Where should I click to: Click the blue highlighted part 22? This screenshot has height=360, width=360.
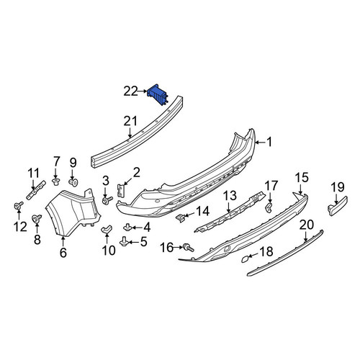point(158,94)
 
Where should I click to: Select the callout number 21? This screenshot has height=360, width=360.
point(130,121)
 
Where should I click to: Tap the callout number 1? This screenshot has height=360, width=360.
point(269,142)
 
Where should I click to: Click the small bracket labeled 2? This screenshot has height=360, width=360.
point(121,190)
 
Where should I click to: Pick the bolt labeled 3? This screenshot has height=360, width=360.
point(107,200)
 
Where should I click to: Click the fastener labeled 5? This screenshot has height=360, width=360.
point(125,241)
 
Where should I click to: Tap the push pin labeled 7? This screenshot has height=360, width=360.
point(56,181)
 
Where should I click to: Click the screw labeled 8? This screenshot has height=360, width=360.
point(37,219)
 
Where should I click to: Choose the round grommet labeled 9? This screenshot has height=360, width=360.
point(73,183)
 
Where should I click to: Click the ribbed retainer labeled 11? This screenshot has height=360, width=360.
point(36,190)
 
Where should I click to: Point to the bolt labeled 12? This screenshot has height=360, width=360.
point(18,206)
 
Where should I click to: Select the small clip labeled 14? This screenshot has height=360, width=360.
point(181,217)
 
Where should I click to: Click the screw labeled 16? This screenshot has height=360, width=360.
point(188,248)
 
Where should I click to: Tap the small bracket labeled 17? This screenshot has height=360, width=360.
point(269,207)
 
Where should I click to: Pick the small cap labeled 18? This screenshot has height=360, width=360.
point(245,259)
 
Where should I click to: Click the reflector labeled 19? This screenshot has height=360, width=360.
point(337,206)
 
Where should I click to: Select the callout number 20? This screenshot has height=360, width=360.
point(307,225)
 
